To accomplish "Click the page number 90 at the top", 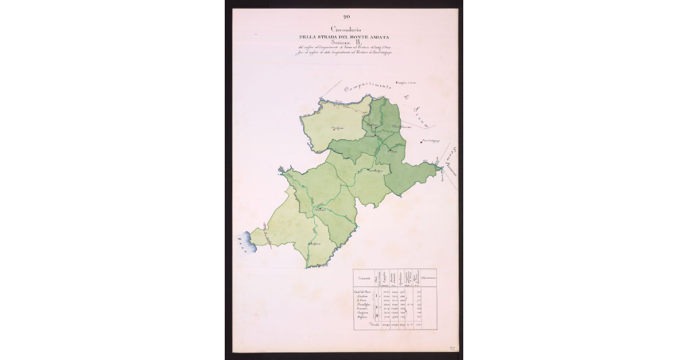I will click(x=346, y=16).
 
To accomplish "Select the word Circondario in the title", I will click(x=346, y=29).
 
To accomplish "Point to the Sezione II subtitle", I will click(x=347, y=45).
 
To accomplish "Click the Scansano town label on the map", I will click(x=319, y=210).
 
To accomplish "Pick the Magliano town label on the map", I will click(x=314, y=245).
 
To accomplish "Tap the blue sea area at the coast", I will click(x=244, y=242).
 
